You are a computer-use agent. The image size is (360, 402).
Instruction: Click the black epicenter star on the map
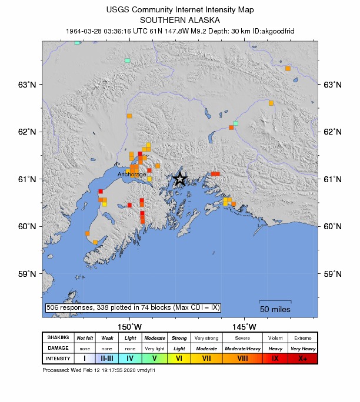tap(180, 179)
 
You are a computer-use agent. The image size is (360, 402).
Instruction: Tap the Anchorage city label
tap(132, 175)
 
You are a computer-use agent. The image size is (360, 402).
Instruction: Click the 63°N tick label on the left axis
tap(25, 85)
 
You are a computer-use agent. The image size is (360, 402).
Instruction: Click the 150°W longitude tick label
tap(128, 327)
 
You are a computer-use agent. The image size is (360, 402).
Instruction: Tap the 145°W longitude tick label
tap(244, 327)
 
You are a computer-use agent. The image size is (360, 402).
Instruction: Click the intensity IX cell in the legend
tap(275, 358)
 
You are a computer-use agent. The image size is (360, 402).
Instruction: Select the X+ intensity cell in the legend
tap(302, 358)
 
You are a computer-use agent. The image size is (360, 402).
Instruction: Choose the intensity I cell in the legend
tap(84, 358)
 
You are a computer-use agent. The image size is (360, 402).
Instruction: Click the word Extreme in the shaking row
tap(302, 338)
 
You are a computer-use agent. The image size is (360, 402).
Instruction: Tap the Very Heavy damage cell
tap(302, 348)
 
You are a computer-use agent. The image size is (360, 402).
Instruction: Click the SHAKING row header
tap(58, 338)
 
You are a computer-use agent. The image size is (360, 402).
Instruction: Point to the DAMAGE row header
tap(58, 348)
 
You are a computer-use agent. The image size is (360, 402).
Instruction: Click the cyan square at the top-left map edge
tap(77, 42)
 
